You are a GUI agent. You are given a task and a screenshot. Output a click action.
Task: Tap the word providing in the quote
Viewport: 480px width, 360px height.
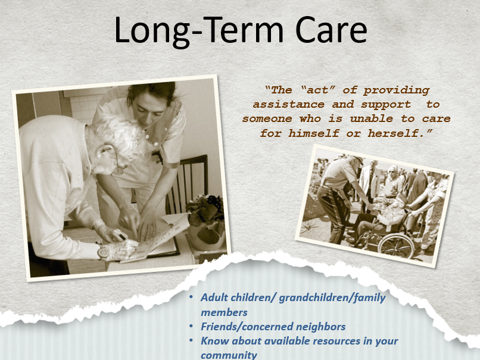397,90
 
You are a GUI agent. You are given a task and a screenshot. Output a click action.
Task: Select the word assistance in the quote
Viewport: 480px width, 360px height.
288,104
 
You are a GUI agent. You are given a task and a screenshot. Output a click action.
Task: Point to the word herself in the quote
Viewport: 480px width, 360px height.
400,133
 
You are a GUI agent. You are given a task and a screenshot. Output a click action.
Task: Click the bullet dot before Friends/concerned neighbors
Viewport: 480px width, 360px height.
191,326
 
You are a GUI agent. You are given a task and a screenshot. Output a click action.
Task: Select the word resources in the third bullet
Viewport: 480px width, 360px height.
336,341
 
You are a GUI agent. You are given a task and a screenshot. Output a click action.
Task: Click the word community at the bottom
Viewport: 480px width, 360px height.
229,355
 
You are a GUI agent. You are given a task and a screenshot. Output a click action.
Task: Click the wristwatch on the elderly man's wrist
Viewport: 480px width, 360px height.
102,252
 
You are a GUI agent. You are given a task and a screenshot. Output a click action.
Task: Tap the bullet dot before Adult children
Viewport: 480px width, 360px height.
191,297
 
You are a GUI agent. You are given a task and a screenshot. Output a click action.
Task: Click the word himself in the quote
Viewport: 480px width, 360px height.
314,133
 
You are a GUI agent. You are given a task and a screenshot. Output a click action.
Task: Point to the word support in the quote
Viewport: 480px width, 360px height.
386,105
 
